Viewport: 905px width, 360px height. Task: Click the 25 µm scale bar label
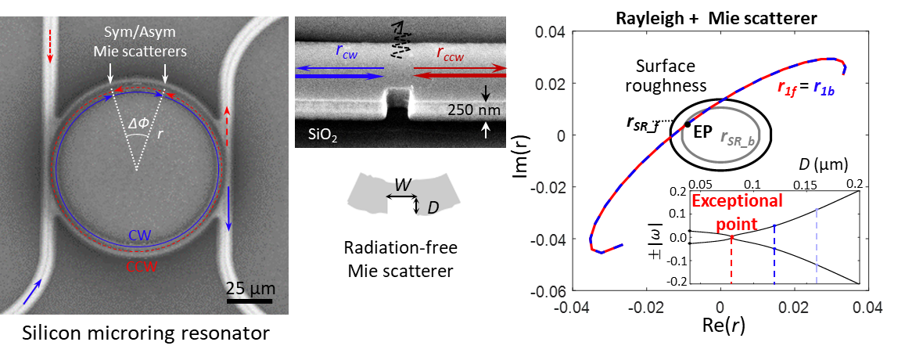tap(250, 288)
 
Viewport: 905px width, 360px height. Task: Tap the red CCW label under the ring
tap(141, 266)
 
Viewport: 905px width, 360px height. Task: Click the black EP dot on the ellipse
tap(687, 124)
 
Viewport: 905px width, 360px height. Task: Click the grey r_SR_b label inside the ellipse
tap(736, 139)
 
